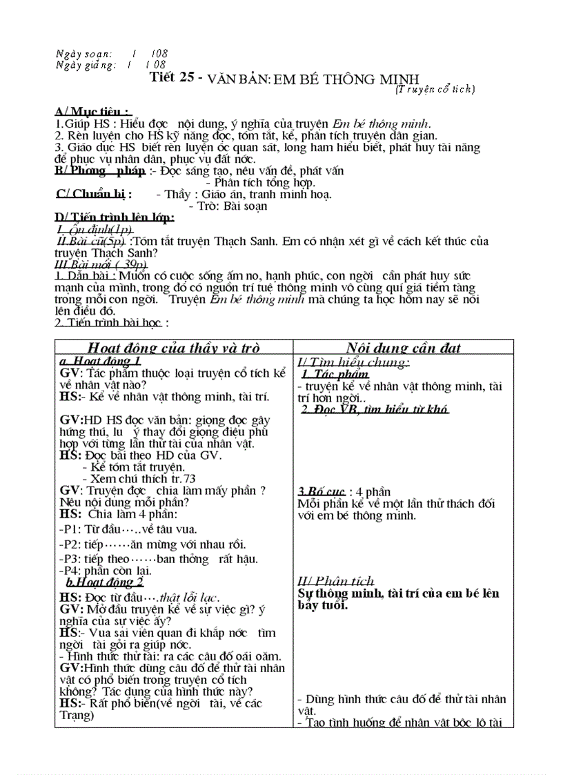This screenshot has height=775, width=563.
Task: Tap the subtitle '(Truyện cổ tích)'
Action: point(435,88)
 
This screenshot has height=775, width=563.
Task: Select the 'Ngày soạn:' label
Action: point(82,53)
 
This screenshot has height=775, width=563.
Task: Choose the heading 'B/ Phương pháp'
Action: point(100,170)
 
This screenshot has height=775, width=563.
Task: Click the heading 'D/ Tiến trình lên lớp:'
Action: point(115,217)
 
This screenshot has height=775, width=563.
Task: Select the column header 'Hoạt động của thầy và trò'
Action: point(173,348)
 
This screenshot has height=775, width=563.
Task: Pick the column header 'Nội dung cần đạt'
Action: point(404,348)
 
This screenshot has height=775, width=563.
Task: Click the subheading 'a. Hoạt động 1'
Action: point(101,362)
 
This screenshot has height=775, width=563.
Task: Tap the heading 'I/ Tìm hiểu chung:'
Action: point(354,362)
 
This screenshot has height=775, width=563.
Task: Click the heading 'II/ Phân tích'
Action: point(336,580)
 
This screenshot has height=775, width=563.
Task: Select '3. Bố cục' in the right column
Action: point(320,492)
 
